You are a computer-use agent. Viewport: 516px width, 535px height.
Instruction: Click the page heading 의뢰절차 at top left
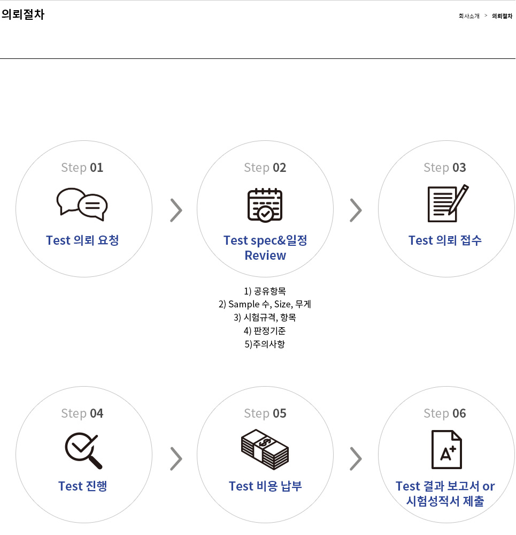pyautogui.click(x=23, y=14)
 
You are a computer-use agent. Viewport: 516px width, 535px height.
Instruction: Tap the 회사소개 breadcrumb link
pyautogui.click(x=468, y=16)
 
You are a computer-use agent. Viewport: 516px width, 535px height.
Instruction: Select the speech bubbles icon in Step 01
pyautogui.click(x=82, y=204)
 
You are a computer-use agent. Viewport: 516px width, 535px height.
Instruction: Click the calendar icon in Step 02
pyautogui.click(x=265, y=205)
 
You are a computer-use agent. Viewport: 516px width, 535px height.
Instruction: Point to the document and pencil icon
pyautogui.click(x=448, y=204)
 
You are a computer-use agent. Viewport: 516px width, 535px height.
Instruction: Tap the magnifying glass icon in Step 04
pyautogui.click(x=83, y=450)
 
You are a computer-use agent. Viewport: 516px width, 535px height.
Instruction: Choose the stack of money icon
pyautogui.click(x=265, y=449)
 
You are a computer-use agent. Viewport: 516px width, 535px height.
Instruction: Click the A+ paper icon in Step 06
pyautogui.click(x=446, y=449)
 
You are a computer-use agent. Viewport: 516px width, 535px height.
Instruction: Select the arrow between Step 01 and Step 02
pyautogui.click(x=176, y=210)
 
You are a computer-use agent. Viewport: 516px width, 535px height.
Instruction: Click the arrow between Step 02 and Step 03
pyautogui.click(x=356, y=210)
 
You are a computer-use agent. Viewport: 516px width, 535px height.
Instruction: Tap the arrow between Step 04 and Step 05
pyautogui.click(x=176, y=458)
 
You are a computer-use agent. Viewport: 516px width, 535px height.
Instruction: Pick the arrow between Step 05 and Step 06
pyautogui.click(x=356, y=458)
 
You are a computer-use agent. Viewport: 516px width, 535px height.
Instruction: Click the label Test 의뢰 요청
pyautogui.click(x=82, y=240)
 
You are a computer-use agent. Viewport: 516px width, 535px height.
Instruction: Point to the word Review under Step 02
pyautogui.click(x=265, y=255)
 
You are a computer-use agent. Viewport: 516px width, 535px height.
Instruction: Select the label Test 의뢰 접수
pyautogui.click(x=445, y=240)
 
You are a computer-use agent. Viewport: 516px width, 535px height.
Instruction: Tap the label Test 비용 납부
pyautogui.click(x=265, y=486)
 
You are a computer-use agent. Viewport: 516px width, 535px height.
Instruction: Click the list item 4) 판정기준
pyautogui.click(x=265, y=330)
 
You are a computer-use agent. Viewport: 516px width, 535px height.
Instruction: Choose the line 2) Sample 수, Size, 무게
pyautogui.click(x=265, y=304)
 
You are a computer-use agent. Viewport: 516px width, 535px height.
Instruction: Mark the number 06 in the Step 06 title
pyautogui.click(x=459, y=413)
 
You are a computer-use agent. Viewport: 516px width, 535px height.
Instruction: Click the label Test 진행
pyautogui.click(x=83, y=486)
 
